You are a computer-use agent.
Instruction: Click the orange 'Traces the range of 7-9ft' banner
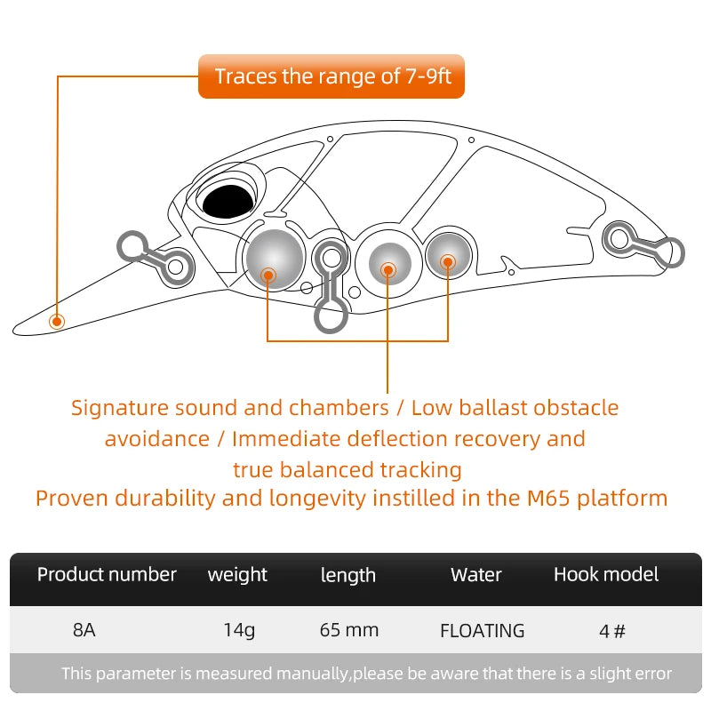[332, 76]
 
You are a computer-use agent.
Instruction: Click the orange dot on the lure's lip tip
[57, 320]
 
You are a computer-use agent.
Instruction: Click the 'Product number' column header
[107, 575]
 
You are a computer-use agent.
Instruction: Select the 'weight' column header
[237, 575]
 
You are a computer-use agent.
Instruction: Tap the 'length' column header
[348, 576]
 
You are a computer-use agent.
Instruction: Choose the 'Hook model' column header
[606, 575]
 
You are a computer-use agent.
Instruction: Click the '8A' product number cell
[84, 631]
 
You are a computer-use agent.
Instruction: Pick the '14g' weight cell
[238, 631]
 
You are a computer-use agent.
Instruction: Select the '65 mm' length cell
[348, 631]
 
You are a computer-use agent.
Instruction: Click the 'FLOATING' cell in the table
[482, 631]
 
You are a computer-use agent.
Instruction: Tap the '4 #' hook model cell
[612, 631]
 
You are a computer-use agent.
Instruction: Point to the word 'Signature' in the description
[120, 408]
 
